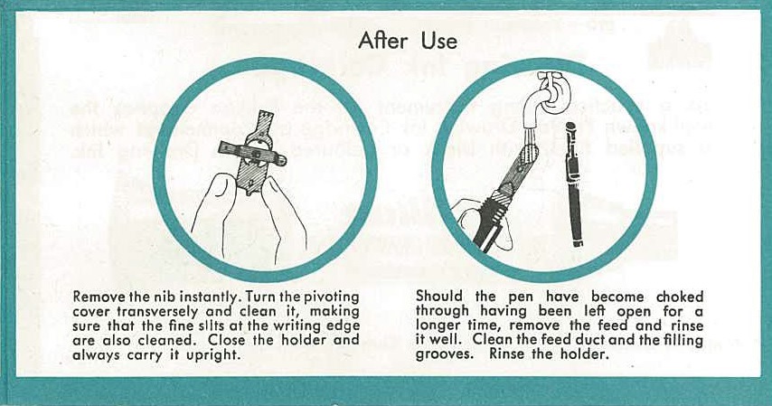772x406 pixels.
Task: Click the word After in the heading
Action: point(383,41)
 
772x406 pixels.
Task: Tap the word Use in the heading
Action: point(439,41)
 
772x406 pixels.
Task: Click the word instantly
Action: point(212,297)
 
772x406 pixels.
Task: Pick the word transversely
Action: point(158,312)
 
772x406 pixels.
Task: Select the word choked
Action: point(680,297)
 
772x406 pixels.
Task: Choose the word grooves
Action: point(442,354)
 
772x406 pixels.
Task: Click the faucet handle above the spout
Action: point(545,77)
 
